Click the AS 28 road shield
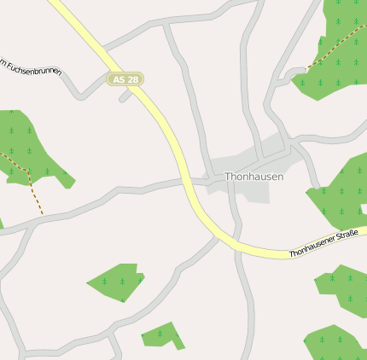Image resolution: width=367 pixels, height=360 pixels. click(x=125, y=79)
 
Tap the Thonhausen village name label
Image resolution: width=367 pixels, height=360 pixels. click(x=254, y=177)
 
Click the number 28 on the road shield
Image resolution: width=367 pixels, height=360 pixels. click(x=131, y=79)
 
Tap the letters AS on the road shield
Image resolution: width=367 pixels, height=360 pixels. click(x=119, y=79)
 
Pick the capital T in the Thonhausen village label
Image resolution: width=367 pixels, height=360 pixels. click(x=228, y=177)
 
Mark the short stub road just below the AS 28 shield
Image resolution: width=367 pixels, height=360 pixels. click(x=126, y=96)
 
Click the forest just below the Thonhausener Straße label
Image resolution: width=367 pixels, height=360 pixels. click(x=341, y=286)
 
